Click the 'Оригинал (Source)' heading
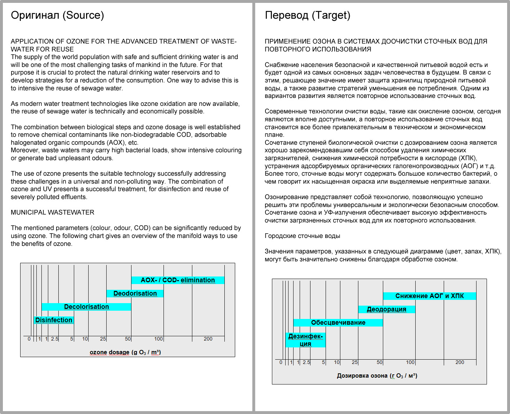point(57,15)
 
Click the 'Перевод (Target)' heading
point(307,15)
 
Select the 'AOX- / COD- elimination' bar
point(178,280)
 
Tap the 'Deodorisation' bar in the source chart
point(135,293)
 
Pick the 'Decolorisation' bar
point(86,307)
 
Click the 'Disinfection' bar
point(54,320)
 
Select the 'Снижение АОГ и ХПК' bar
point(429,296)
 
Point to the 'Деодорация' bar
point(386,309)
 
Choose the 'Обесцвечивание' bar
point(338,323)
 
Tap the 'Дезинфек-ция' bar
point(305,340)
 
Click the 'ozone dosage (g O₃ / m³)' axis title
point(125,352)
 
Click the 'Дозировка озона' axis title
point(377,376)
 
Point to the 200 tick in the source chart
point(208,339)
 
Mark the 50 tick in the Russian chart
point(380,362)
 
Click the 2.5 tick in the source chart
point(54,339)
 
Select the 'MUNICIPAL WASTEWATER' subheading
point(53,212)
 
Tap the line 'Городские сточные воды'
point(302,236)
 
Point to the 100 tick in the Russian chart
point(410,362)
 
